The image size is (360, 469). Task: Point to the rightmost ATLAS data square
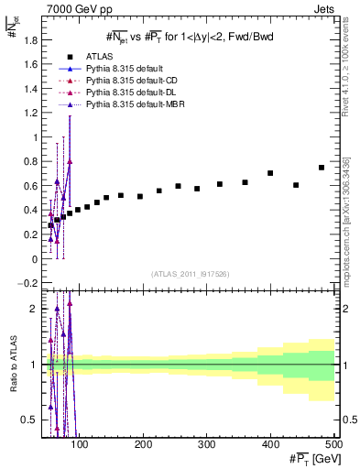pos(321,168)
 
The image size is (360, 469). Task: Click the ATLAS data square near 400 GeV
pos(270,173)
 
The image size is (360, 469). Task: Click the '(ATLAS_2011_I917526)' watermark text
pos(190,274)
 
